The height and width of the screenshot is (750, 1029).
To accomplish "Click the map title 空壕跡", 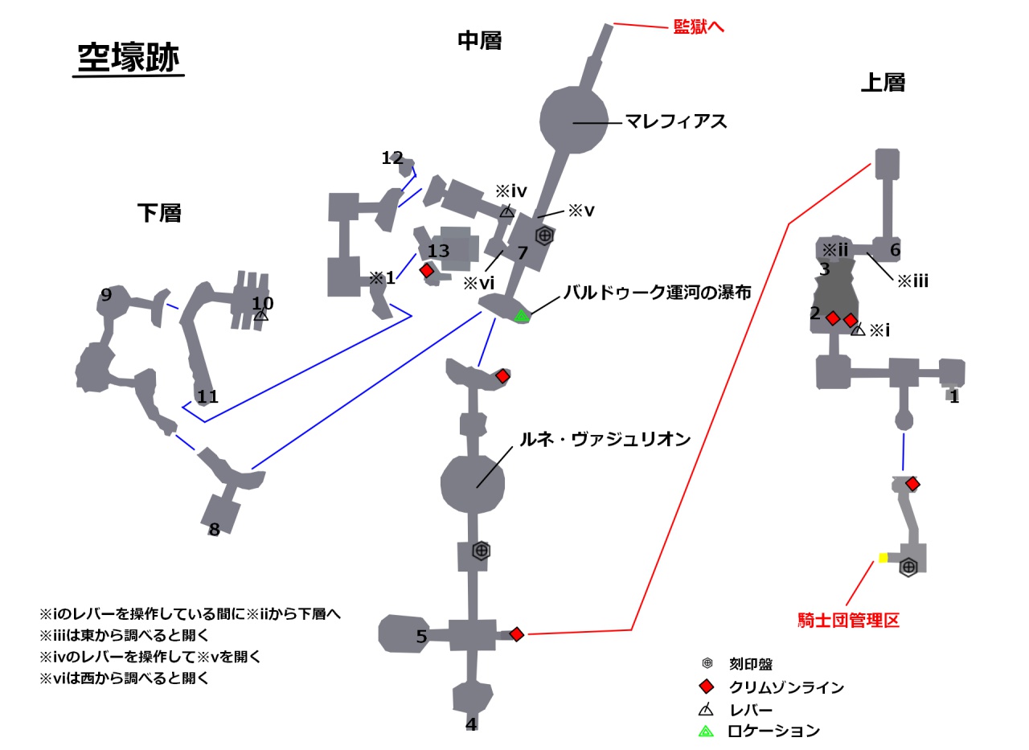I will (x=129, y=58).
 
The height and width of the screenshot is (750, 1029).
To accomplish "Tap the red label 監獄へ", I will (x=699, y=27).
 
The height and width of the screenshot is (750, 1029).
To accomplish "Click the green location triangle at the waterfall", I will (x=522, y=316).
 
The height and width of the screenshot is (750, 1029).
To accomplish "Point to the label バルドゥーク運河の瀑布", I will (x=657, y=293).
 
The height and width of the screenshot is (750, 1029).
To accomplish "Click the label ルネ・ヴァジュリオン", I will (x=605, y=440).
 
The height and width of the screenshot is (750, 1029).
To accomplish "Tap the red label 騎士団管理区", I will (x=848, y=621).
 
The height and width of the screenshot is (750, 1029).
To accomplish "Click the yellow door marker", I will (x=883, y=558).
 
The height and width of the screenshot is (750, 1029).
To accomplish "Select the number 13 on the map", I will (x=438, y=252).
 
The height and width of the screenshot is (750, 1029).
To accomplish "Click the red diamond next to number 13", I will (x=427, y=271).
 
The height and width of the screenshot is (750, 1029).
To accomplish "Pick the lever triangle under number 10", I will (x=261, y=316).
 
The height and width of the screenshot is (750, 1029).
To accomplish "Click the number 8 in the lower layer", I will (x=214, y=531).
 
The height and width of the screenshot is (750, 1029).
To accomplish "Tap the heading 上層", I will (x=883, y=82).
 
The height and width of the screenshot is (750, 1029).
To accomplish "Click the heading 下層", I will (x=159, y=213).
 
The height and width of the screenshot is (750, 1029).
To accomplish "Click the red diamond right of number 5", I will (x=517, y=634).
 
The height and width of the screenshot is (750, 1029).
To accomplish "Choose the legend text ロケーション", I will (x=773, y=732).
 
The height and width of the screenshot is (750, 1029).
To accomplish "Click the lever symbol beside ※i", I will (x=858, y=329).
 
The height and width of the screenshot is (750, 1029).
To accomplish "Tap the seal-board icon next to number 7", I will (x=544, y=236).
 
